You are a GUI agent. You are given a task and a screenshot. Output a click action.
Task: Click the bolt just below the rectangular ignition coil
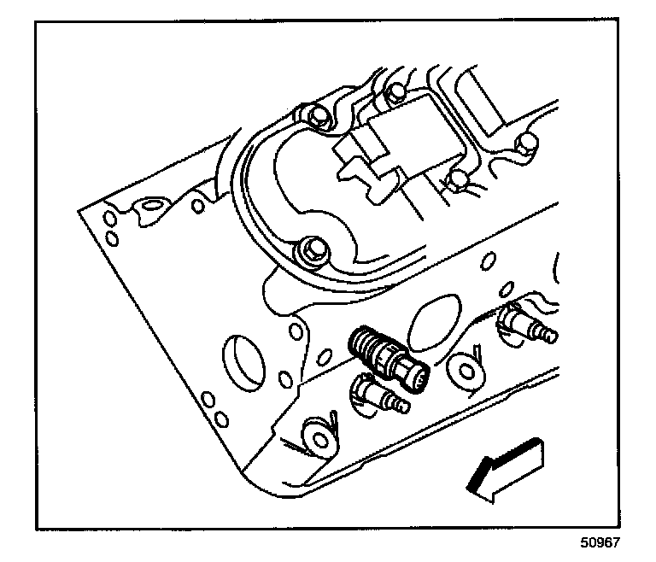[x=459, y=179]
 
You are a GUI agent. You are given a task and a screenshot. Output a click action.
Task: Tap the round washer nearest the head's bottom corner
[x=322, y=439]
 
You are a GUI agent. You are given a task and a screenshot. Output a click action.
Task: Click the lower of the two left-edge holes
[x=111, y=237]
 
